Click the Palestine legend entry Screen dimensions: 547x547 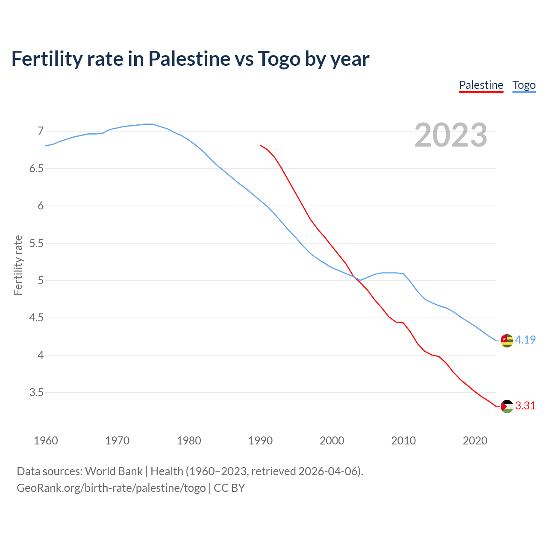[481, 85]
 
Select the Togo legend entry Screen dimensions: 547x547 [524, 85]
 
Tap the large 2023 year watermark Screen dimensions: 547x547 [451, 135]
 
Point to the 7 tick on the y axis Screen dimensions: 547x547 [41, 131]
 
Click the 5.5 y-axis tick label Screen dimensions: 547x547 [36, 243]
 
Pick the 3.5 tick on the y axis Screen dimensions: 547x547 [36, 392]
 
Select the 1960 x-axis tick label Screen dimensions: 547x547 [46, 441]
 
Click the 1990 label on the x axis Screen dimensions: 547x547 [260, 441]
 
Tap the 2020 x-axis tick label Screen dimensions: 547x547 [475, 441]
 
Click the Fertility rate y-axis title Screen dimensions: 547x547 [18, 265]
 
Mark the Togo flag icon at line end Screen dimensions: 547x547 [507, 341]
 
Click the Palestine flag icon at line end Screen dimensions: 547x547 [507, 406]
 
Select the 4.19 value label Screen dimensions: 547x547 [525, 340]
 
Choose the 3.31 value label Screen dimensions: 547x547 [525, 406]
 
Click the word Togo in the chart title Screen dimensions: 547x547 [279, 59]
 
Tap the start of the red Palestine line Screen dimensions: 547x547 [261, 145]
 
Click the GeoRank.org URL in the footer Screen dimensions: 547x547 [111, 488]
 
